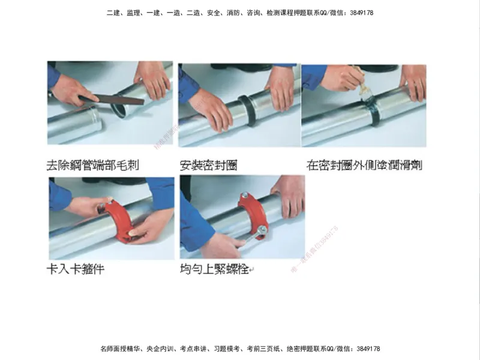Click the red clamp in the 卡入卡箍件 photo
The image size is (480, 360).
(118, 219)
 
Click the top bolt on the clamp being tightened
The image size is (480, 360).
(245, 194)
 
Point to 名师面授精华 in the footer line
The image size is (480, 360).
(118, 349)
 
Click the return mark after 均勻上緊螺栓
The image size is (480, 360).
(251, 271)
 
